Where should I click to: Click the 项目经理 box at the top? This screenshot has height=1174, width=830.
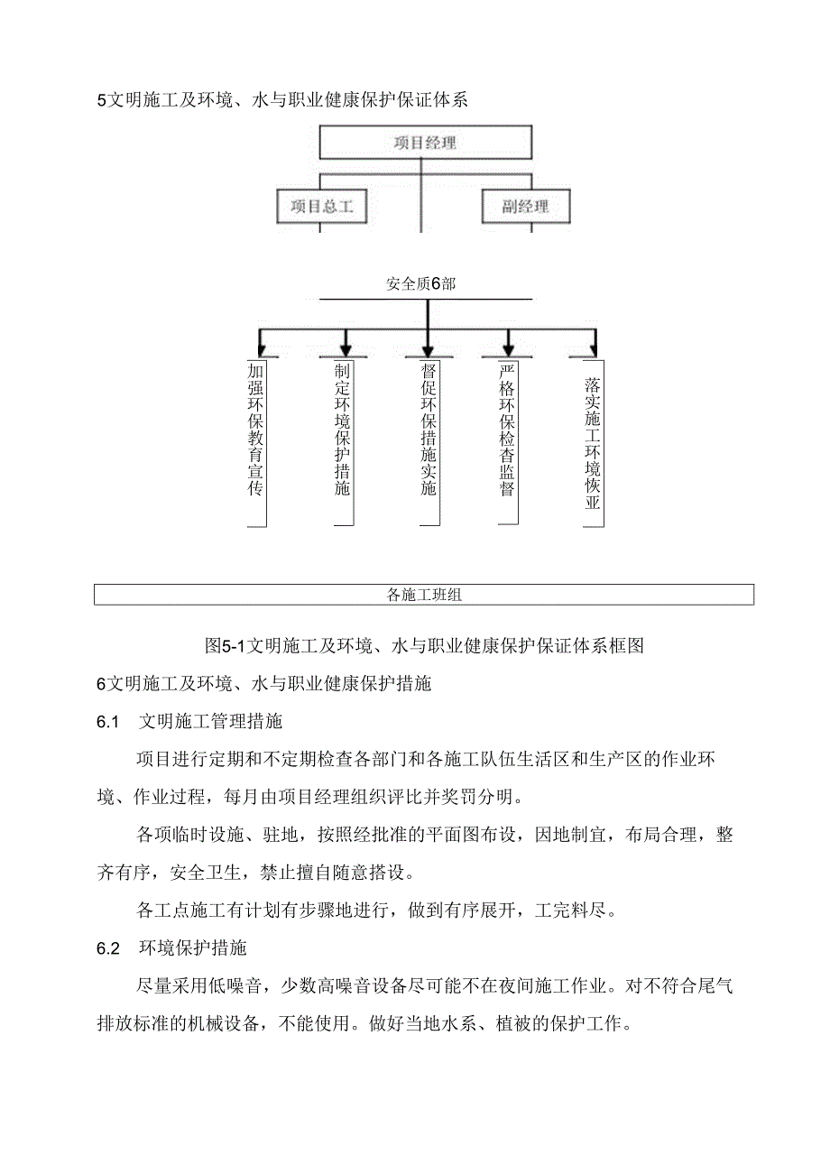point(425,143)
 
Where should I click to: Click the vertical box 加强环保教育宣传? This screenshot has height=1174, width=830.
point(255,442)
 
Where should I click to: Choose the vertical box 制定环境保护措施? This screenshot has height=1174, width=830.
point(342,442)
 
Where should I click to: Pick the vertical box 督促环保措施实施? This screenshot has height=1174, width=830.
point(429,442)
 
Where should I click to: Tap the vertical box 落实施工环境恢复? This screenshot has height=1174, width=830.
point(592,442)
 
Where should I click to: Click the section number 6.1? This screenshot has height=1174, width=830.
point(108,722)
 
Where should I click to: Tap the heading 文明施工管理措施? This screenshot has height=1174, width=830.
point(211,722)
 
